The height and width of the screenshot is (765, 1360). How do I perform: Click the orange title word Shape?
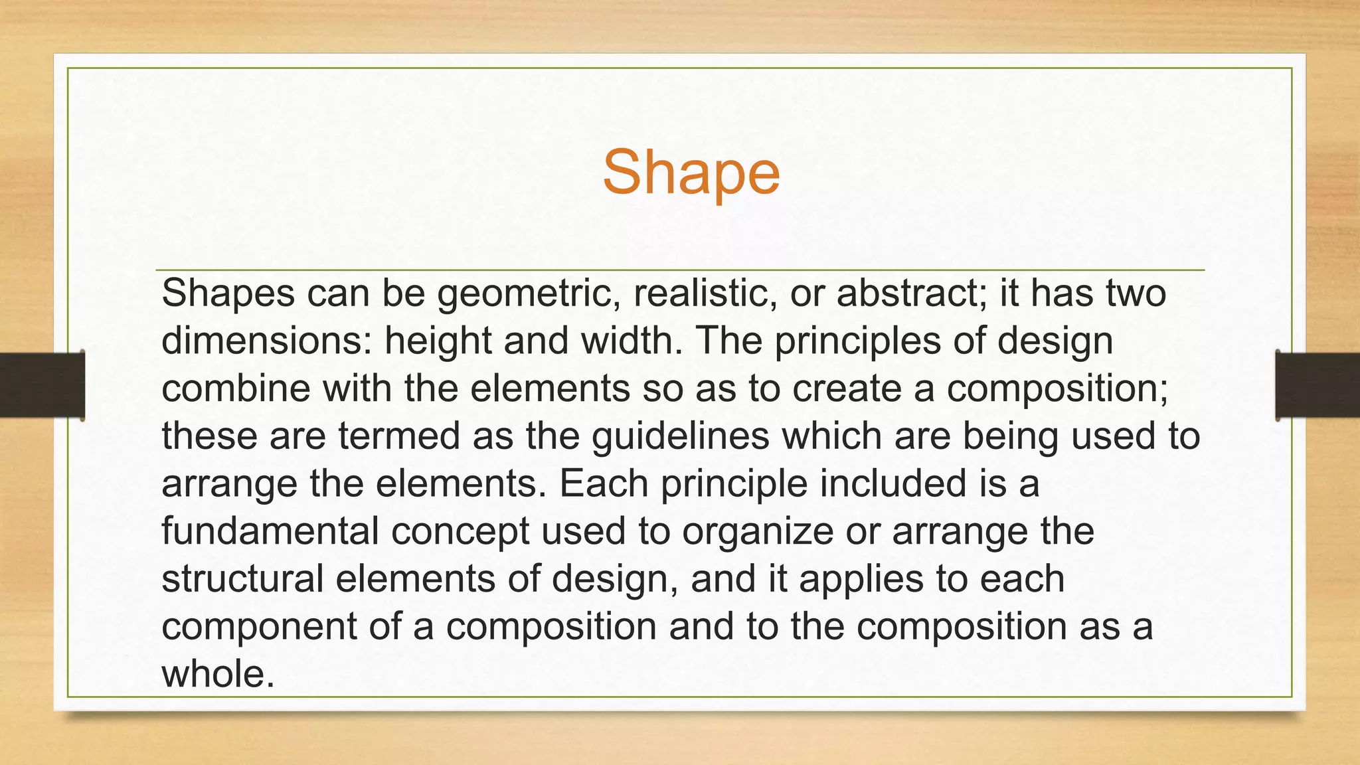click(691, 173)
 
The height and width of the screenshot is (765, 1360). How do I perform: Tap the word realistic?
click(705, 294)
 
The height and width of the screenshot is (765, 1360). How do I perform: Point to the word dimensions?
click(266, 341)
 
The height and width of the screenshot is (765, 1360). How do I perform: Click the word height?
click(438, 341)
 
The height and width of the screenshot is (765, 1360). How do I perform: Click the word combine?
click(236, 388)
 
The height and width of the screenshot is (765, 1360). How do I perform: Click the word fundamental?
click(270, 532)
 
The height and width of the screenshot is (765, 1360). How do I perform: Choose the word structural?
click(242, 579)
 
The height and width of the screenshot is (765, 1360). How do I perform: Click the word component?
click(260, 627)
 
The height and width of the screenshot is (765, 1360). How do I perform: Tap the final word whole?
click(216, 674)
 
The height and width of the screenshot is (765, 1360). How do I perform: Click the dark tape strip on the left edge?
click(41, 385)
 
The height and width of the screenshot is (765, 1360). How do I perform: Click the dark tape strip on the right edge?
click(1317, 385)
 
